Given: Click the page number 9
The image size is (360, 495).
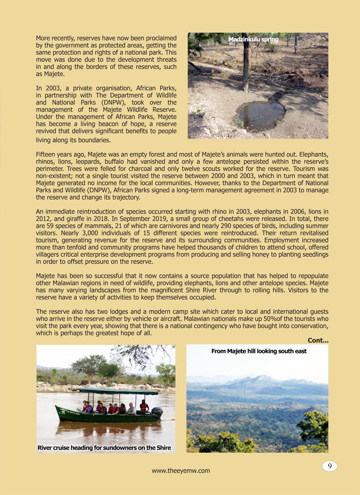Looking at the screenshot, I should coord(330,466).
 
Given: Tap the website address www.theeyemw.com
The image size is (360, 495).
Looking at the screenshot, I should coord(181,471).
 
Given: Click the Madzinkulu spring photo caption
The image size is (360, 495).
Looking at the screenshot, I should coord(253,40).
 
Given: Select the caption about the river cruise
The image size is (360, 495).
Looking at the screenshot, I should coord(104,448).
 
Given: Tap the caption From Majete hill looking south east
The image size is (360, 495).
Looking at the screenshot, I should coord(259,351).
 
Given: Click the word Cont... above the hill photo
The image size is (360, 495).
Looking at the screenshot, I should coord(318,340).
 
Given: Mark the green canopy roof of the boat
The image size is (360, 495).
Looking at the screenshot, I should coord(117,391).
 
